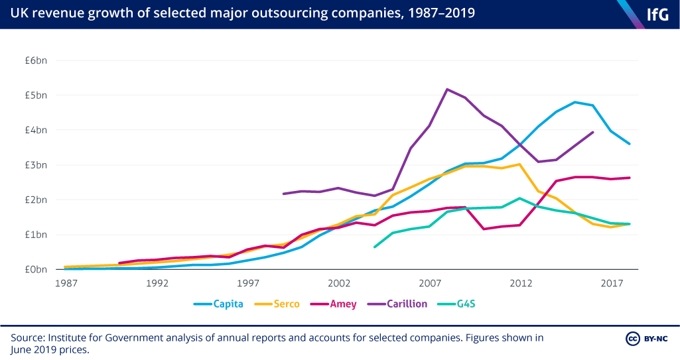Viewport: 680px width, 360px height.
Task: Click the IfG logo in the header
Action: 657,14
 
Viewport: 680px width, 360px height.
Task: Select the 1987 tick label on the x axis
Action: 66,283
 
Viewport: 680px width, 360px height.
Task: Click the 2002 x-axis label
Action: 339,283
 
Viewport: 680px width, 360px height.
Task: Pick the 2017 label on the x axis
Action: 612,283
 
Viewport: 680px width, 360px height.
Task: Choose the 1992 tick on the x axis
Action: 157,283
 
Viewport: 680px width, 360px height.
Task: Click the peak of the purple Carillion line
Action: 447,89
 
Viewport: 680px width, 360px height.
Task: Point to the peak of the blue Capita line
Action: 575,102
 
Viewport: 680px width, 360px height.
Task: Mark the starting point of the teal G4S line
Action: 375,247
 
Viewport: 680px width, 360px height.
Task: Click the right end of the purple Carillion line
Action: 593,132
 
